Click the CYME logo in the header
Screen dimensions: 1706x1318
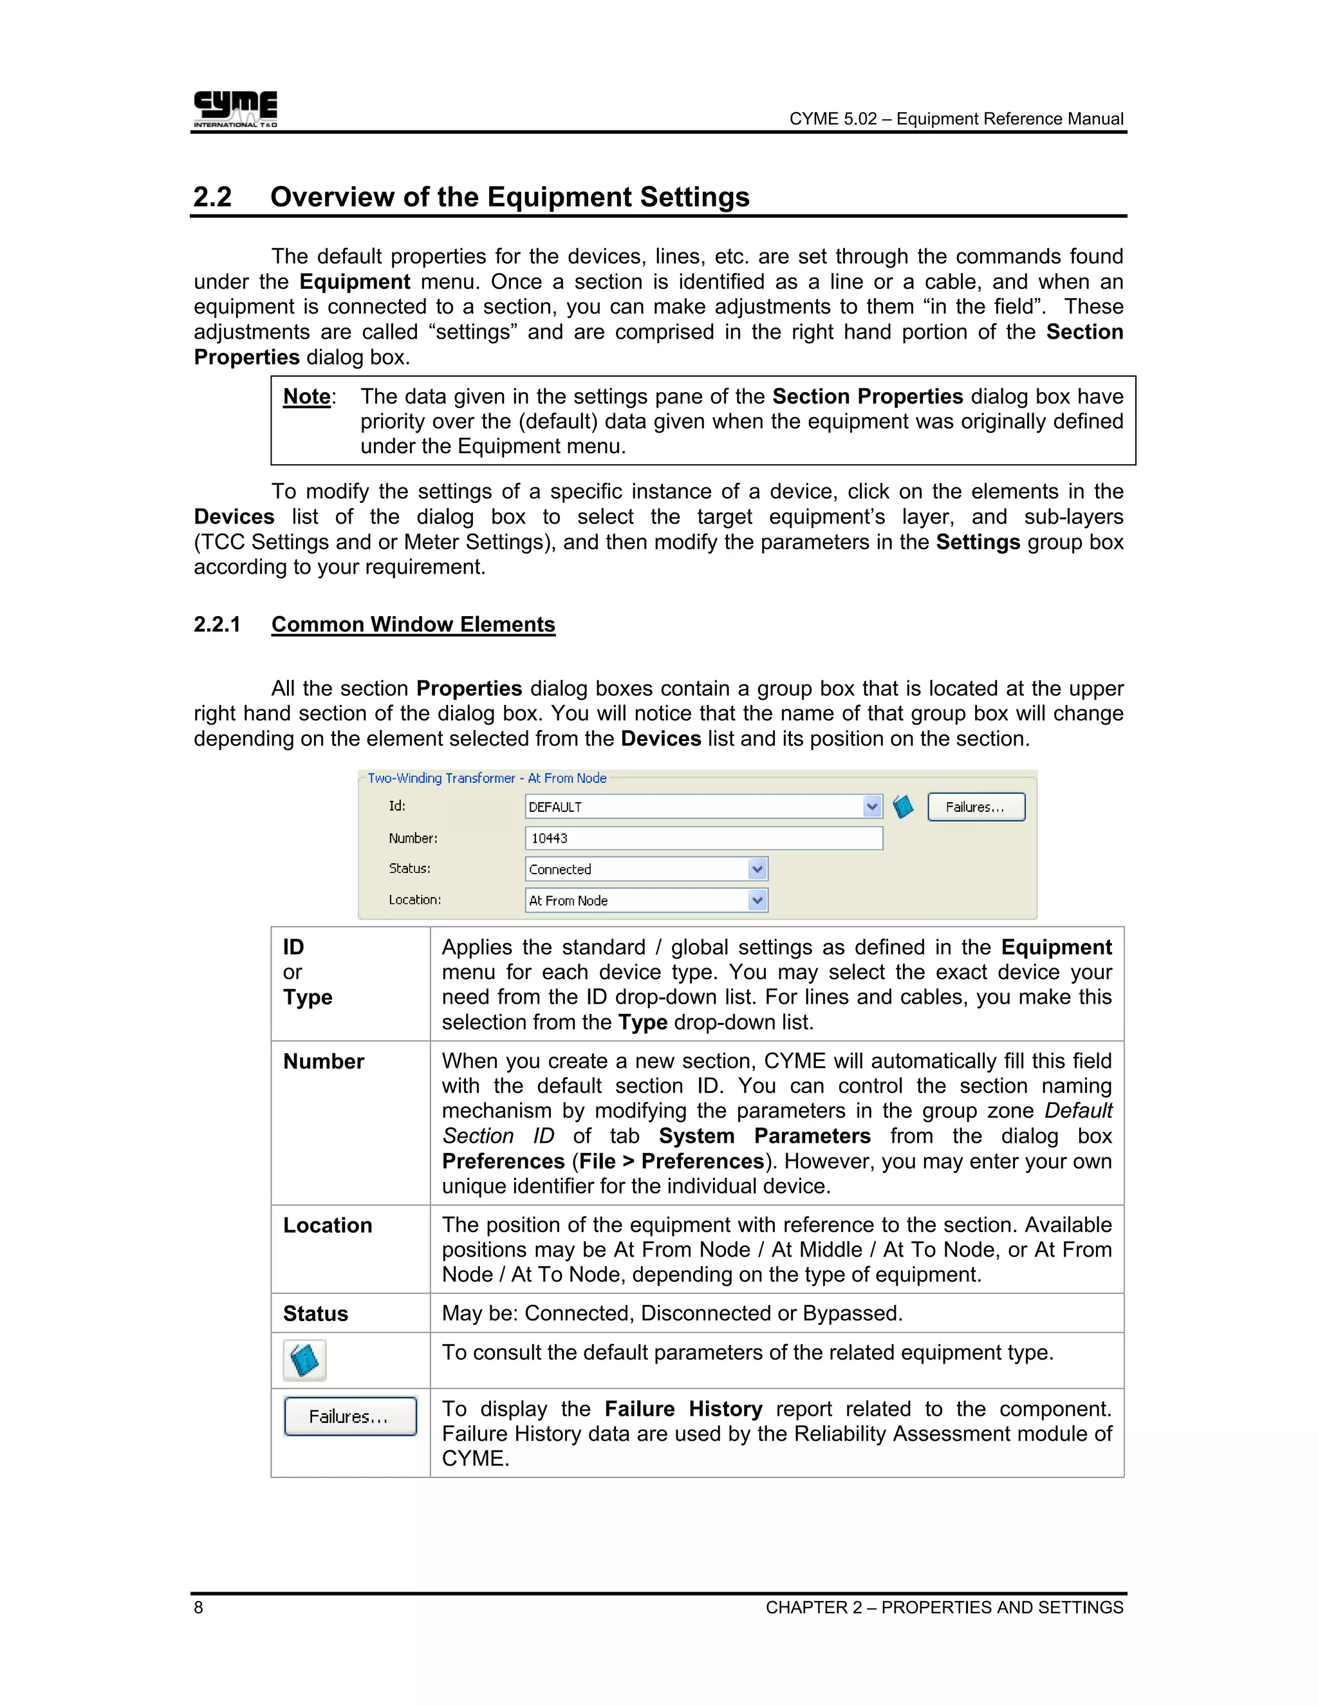[235, 109]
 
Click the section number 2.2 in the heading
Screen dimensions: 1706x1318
[212, 197]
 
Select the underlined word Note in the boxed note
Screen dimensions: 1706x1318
[307, 397]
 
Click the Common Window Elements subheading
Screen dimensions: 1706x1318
[413, 625]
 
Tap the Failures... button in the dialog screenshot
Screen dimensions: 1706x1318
[976, 807]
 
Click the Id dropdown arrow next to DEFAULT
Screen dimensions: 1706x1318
[872, 807]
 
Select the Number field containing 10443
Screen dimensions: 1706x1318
[703, 838]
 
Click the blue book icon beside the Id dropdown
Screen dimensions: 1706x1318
[904, 807]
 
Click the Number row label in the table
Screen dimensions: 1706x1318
[323, 1062]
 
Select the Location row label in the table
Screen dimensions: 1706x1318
[327, 1226]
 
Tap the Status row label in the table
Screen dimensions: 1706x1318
[315, 1314]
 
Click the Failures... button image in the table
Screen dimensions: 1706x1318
[350, 1416]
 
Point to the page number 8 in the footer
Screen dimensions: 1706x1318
[198, 1607]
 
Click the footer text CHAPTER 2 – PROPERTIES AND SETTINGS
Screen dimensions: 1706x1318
[944, 1607]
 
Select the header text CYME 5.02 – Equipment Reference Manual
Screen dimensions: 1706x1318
[956, 118]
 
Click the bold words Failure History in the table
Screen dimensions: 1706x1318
[683, 1409]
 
